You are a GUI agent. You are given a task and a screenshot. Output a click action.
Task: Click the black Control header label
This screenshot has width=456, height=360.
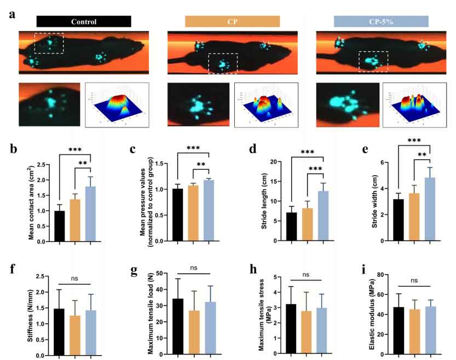[x=83, y=22]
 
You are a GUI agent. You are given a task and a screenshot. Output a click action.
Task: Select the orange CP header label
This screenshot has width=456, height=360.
[x=232, y=22]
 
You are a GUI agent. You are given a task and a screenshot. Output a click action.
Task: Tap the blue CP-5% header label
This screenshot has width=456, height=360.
[x=381, y=22]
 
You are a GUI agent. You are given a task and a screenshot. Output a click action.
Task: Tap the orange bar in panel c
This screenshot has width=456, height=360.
[x=193, y=213]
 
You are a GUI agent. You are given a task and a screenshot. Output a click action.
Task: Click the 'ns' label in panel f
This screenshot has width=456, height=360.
[x=73, y=279]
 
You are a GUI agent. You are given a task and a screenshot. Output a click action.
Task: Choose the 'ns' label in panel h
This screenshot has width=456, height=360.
[x=307, y=275]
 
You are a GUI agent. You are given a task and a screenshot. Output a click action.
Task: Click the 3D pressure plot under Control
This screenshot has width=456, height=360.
[x=117, y=104]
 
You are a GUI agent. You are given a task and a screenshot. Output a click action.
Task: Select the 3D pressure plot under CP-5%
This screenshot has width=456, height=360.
[x=414, y=104]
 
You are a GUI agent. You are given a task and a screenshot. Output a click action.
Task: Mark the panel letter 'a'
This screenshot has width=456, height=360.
[x=11, y=15]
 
